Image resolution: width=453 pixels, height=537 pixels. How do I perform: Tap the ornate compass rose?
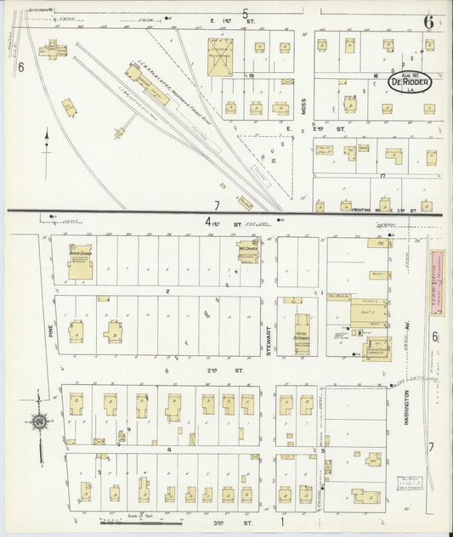(x=39, y=420)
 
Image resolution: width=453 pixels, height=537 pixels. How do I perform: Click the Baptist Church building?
(x=82, y=262)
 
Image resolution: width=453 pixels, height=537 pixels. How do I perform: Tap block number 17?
(x=383, y=176)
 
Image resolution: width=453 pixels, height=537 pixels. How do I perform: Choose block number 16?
(x=374, y=76)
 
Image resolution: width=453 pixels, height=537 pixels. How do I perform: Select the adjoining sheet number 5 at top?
(x=245, y=14)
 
